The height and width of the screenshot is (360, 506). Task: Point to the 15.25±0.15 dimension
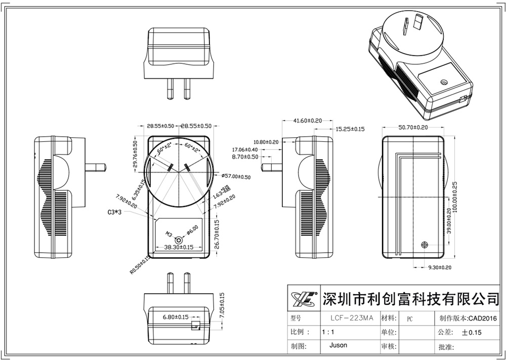point(350,130)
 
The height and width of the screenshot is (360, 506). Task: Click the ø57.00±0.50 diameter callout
point(236,176)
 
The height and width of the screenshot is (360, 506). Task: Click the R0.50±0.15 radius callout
point(140,265)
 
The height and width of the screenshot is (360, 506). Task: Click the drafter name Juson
point(338,345)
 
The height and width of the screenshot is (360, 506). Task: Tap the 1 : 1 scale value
point(327,332)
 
